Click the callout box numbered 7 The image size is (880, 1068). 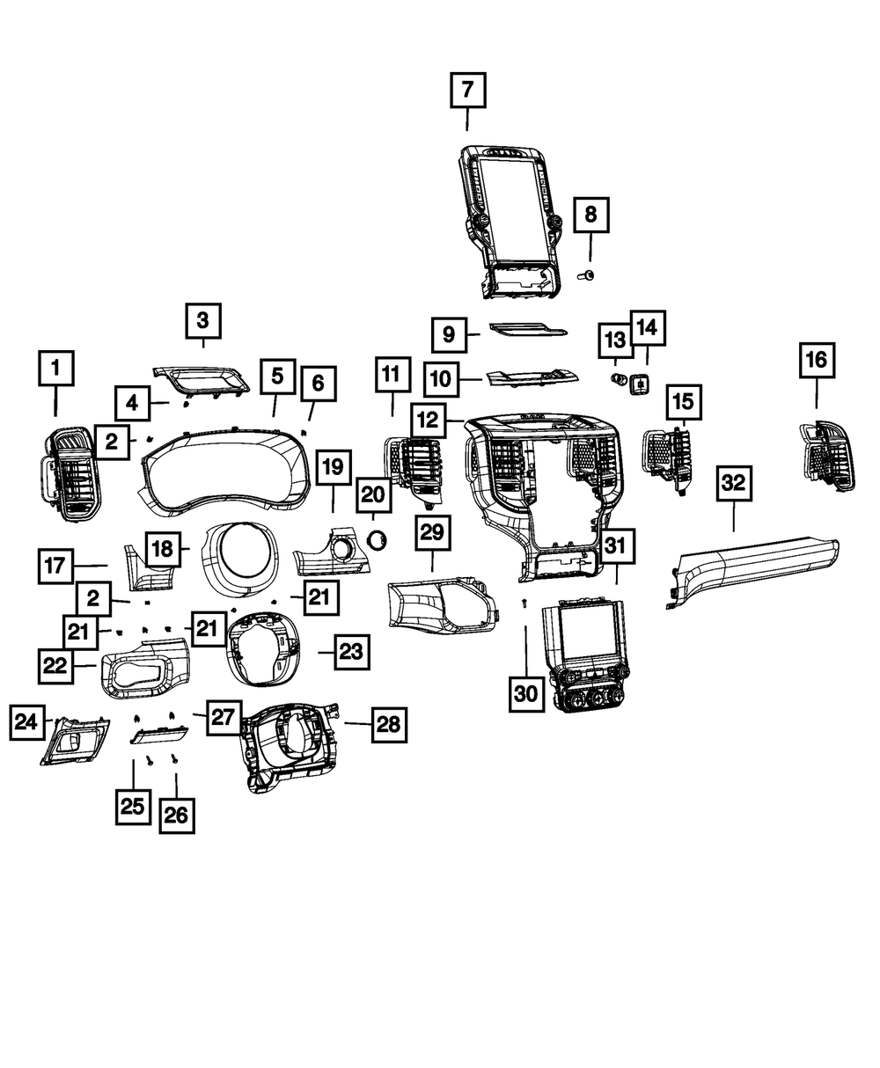[467, 91]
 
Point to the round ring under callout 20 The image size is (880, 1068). [376, 540]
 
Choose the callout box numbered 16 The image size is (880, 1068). [816, 361]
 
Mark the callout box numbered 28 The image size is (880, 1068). [388, 724]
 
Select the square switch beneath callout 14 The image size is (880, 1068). [640, 384]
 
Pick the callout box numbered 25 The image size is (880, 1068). [132, 807]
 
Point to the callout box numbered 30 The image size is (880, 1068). [524, 693]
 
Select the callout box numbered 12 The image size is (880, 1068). [428, 421]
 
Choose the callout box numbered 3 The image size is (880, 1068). [202, 323]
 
